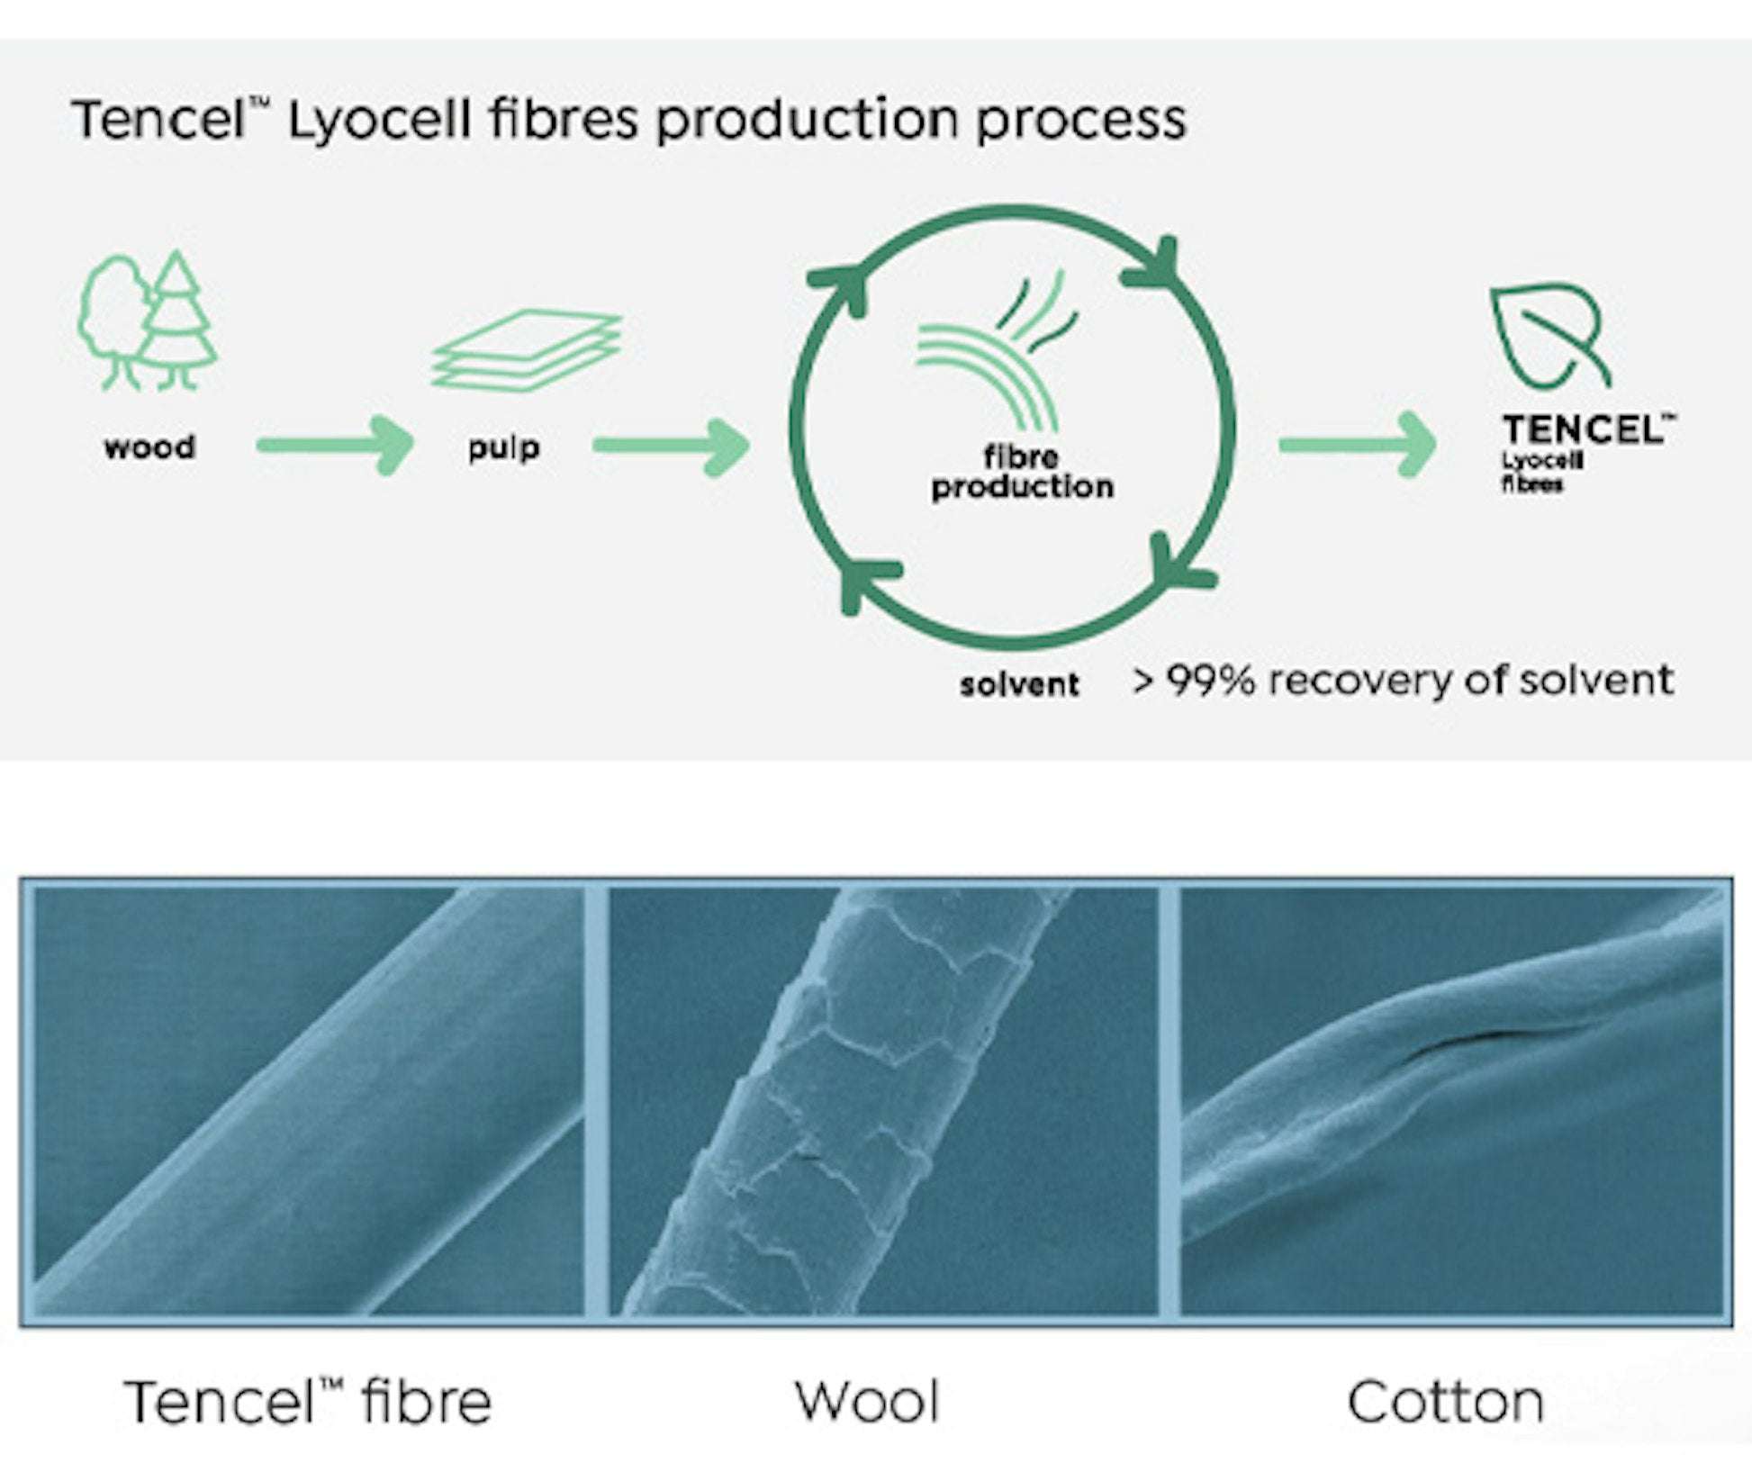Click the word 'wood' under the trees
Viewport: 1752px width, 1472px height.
(x=149, y=447)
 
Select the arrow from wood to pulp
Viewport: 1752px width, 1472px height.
(x=335, y=445)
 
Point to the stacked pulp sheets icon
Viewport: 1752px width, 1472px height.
(x=527, y=350)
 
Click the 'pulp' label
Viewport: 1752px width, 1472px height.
(x=503, y=447)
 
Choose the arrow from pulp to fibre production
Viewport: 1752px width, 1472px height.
(x=671, y=446)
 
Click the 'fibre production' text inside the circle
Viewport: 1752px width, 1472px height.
(x=1022, y=473)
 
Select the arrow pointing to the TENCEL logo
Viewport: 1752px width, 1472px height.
(x=1357, y=445)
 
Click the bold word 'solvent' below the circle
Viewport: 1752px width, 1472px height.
(x=1019, y=684)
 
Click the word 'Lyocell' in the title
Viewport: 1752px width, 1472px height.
(x=379, y=120)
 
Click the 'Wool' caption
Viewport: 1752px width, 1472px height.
(x=867, y=1402)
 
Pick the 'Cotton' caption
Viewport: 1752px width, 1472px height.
(x=1445, y=1402)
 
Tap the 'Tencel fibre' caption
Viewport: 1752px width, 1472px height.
(x=309, y=1402)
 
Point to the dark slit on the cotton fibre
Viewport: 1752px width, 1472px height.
(x=1458, y=1044)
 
